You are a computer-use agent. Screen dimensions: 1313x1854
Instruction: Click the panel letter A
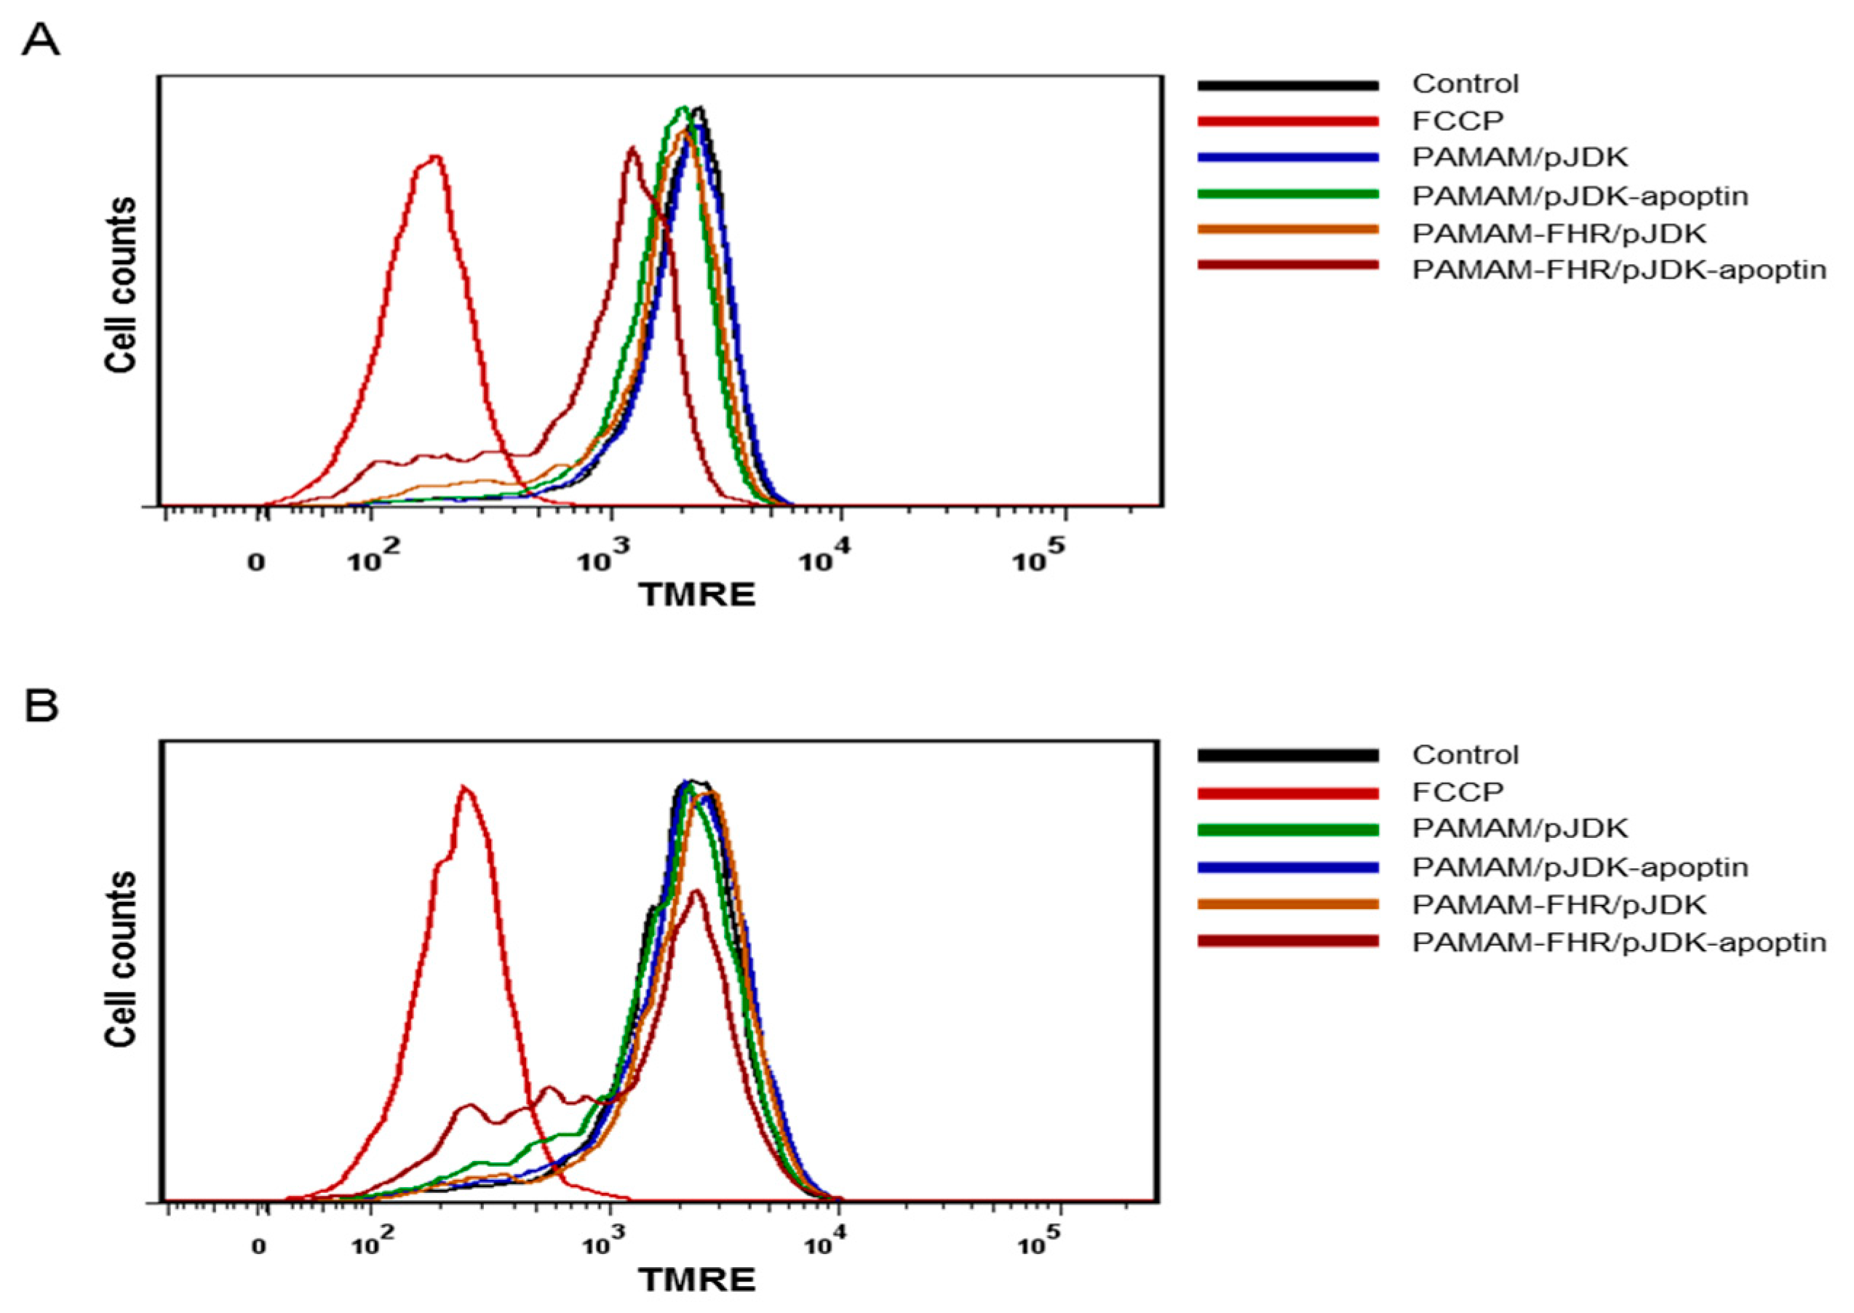[41, 38]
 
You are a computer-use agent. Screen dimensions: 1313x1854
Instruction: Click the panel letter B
[41, 705]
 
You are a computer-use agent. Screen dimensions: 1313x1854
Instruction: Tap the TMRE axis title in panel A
[697, 596]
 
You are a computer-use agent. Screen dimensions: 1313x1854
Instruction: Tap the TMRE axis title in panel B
[697, 1280]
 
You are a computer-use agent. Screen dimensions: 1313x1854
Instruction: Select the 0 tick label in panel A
[256, 562]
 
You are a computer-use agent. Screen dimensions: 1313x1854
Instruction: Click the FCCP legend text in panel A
[1458, 121]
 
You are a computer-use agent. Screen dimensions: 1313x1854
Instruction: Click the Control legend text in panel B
[1465, 754]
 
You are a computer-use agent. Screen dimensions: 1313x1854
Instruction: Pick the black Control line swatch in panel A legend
[1288, 85]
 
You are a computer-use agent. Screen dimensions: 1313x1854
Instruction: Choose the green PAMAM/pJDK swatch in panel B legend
[1288, 829]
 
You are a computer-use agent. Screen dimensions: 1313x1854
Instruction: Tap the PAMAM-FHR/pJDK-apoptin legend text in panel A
[1619, 269]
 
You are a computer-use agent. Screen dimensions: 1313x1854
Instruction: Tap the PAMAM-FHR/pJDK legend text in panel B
[1559, 904]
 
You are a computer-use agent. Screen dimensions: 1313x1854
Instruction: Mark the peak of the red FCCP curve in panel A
[435, 156]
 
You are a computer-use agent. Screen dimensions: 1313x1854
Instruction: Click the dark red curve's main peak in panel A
[632, 148]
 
